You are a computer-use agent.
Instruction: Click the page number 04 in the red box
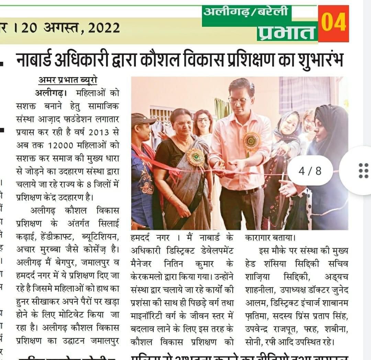tap(333, 23)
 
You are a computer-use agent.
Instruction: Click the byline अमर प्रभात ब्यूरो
tap(68, 80)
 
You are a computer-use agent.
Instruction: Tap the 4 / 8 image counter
tap(310, 171)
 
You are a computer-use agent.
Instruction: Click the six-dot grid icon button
tap(363, 171)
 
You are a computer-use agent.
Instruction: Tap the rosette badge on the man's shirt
tap(252, 141)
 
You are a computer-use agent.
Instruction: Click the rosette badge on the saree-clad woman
tap(195, 157)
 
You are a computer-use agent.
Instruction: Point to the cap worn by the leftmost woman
tap(142, 119)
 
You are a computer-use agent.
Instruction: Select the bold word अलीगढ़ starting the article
tap(50, 93)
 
